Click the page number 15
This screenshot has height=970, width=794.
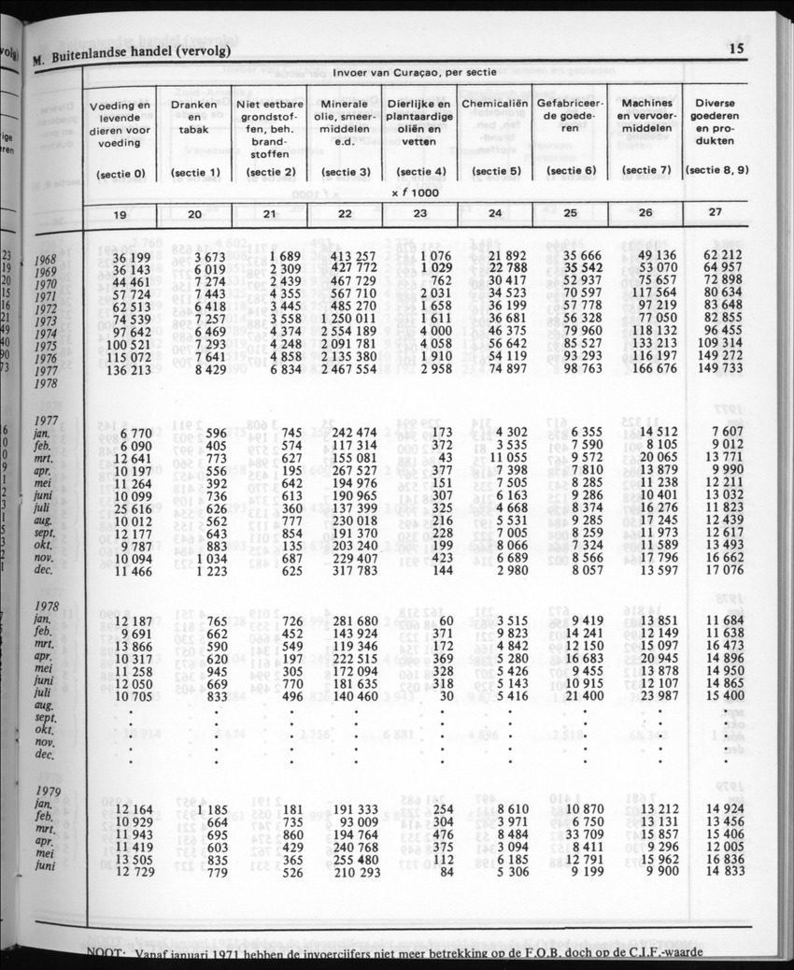[736, 50]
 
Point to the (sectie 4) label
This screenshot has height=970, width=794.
[419, 172]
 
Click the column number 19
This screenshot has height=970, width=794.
[120, 214]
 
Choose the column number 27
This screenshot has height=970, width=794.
[715, 212]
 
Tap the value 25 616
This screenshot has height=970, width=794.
[130, 507]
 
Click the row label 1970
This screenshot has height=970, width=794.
[46, 281]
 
